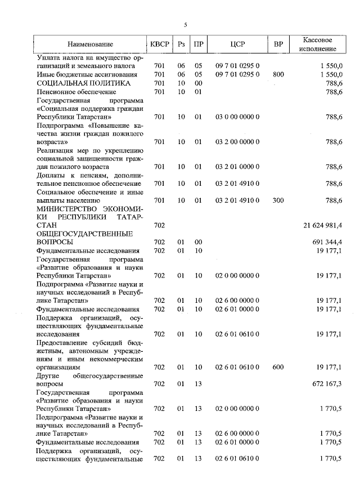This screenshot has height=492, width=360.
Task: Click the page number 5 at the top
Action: tap(184, 24)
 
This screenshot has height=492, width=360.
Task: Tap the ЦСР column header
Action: tap(237, 44)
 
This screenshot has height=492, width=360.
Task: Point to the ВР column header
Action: tap(278, 44)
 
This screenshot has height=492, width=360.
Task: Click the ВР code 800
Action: tap(278, 74)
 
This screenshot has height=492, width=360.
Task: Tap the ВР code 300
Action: tap(278, 200)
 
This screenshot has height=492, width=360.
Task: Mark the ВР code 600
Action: tap(278, 367)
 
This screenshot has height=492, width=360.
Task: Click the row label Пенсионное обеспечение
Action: tap(76, 91)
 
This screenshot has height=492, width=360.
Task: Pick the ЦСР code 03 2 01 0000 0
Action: tap(237, 167)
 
